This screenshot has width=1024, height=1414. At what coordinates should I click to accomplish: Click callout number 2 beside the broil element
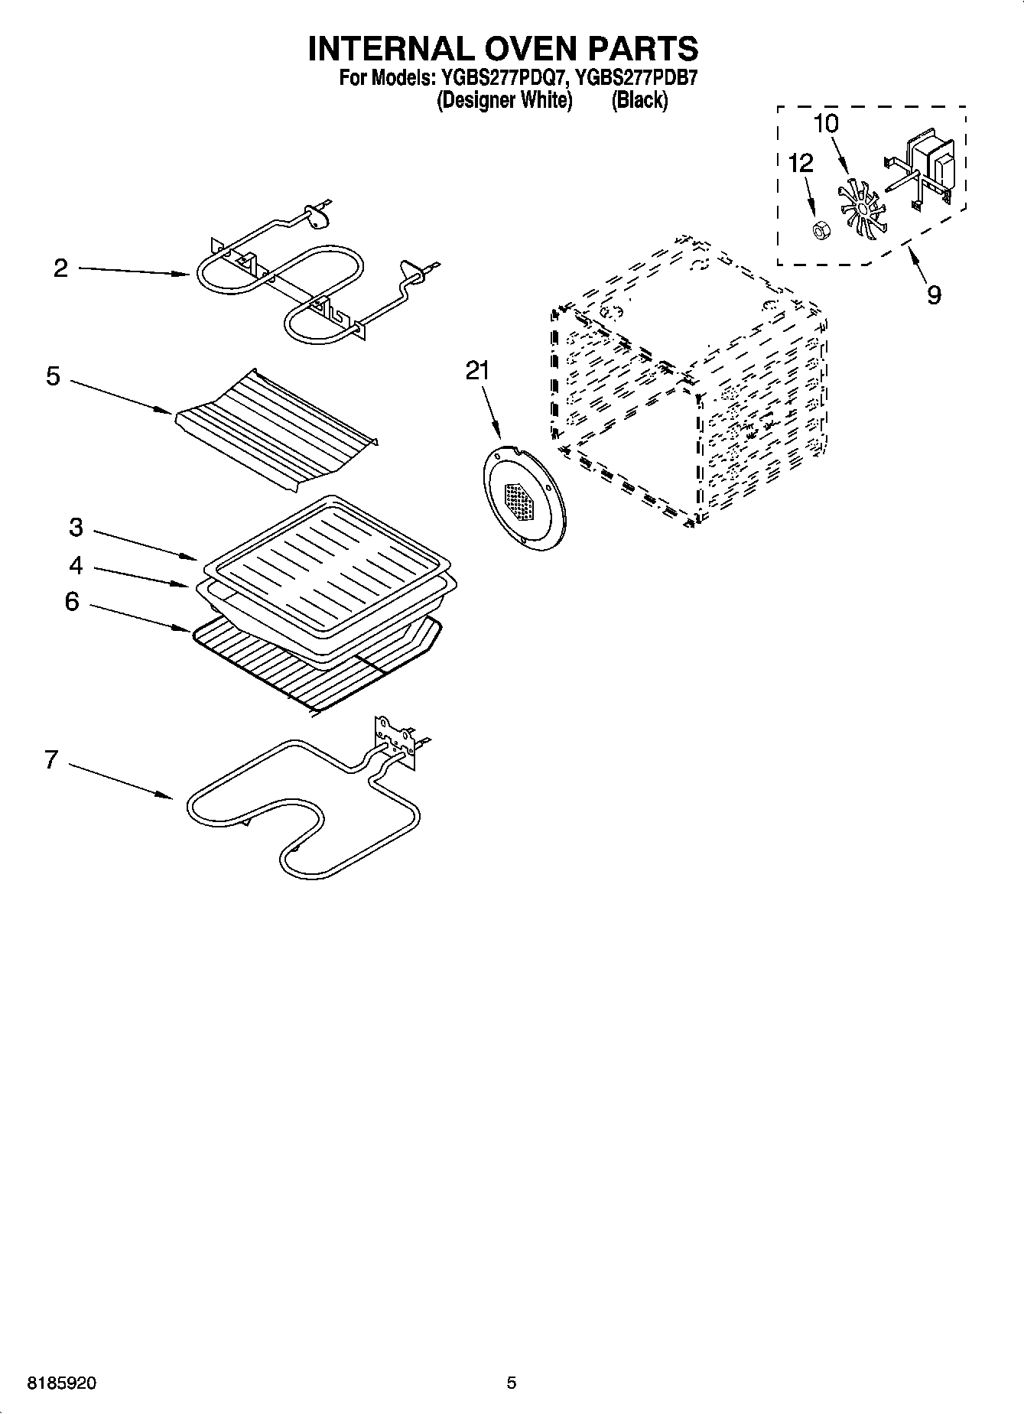[60, 268]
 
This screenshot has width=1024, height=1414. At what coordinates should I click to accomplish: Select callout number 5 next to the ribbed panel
[53, 376]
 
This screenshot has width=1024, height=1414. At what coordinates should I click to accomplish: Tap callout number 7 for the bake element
[51, 760]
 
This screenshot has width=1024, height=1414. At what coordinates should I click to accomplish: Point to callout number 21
[477, 371]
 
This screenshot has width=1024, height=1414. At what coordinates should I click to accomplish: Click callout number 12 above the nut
[801, 163]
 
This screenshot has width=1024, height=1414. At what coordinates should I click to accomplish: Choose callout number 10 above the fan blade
[825, 124]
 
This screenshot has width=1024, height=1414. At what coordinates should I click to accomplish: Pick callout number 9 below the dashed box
[934, 295]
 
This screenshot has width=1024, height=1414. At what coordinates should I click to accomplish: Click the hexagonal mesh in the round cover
[522, 501]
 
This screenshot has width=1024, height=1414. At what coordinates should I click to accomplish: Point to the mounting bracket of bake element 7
[394, 738]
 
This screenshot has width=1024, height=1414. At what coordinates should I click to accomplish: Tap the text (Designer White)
[504, 100]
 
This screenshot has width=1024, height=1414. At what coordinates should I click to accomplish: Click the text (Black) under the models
[639, 100]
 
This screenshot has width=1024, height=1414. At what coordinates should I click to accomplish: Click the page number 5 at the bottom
[512, 1383]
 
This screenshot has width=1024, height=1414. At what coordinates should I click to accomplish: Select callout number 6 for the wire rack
[71, 602]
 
